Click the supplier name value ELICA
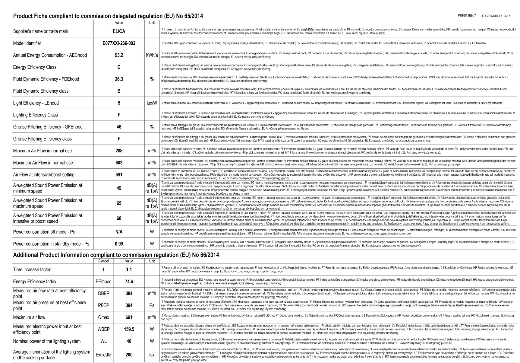tap(119, 31)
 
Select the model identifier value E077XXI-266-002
tap(119, 43)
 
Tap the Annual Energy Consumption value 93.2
tap(119, 55)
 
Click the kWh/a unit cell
tap(152, 55)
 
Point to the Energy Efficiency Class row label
tap(35, 67)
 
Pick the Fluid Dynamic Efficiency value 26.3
tap(119, 79)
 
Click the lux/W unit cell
tap(152, 103)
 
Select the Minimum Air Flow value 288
tap(119, 151)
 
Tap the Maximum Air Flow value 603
tap(119, 163)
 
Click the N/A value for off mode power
tap(119, 232)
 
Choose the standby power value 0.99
tap(119, 244)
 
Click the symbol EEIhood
tap(103, 282)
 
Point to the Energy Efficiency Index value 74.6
tap(129, 282)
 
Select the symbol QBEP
tap(103, 293)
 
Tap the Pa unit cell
tap(152, 305)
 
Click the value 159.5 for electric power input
tap(129, 329)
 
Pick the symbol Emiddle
tap(103, 355)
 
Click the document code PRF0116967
tap(467, 15)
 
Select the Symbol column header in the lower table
tap(103, 261)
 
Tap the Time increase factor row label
tap(32, 269)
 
